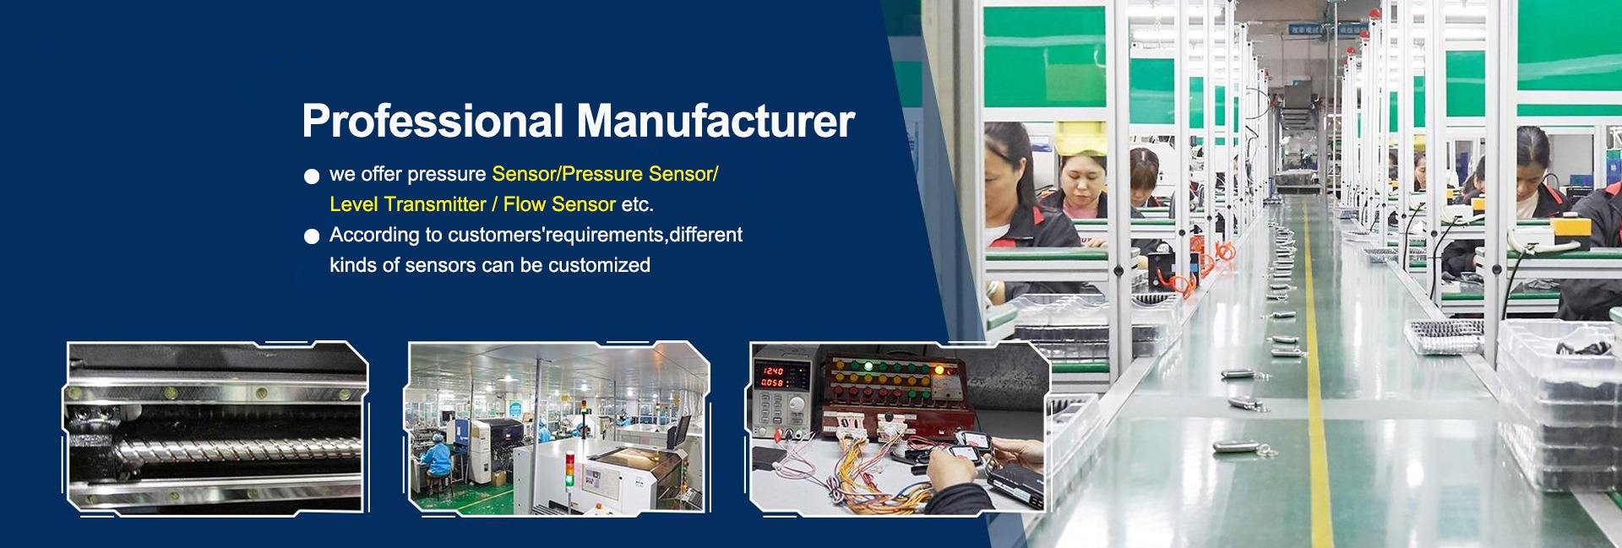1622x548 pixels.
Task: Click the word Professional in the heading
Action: [432, 122]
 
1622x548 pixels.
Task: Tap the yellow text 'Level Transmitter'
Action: [407, 204]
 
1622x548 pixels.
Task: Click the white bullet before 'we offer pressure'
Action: [312, 176]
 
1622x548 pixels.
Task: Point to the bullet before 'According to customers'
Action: [312, 236]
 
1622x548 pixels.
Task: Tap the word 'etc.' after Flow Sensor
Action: [637, 204]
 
